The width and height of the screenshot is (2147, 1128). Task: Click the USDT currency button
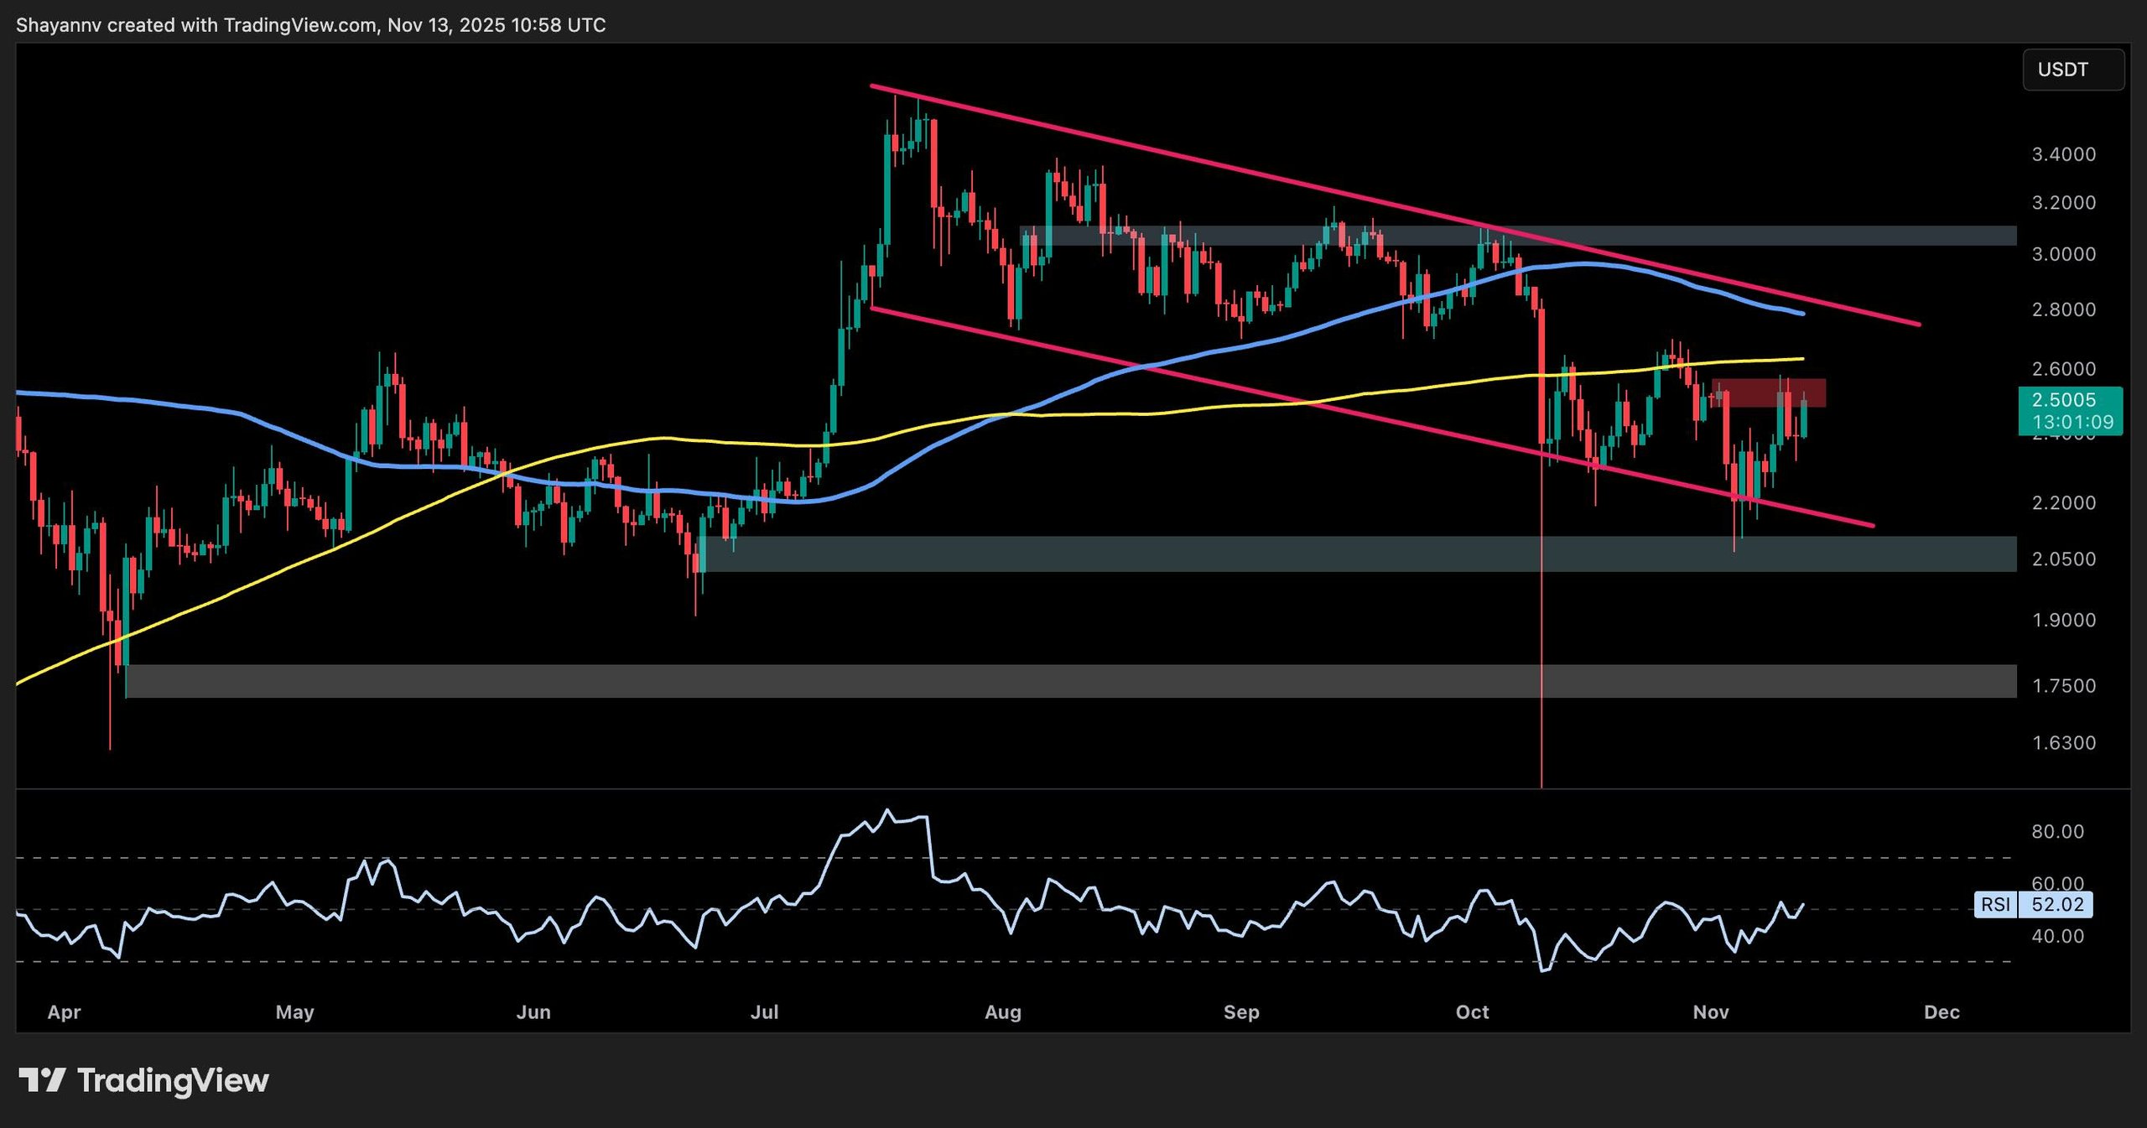(2072, 70)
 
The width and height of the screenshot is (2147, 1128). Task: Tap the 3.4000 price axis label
(2063, 154)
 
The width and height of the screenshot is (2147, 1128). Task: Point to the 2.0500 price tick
(2063, 559)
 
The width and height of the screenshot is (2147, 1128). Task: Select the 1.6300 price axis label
(2063, 742)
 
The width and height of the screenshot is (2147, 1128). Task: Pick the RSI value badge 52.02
(2057, 904)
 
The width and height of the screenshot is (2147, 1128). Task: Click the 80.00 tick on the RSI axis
(2057, 831)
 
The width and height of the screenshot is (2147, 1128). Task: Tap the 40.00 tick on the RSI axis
(2057, 935)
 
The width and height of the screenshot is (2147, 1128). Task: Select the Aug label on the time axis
(1003, 1011)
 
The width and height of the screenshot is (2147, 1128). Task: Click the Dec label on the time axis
(1942, 1011)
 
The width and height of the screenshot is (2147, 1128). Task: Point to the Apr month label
(64, 1011)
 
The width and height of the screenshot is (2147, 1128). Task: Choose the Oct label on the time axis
(1472, 1011)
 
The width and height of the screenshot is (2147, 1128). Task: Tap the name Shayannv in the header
(58, 25)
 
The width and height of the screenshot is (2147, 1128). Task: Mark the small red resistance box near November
(1770, 392)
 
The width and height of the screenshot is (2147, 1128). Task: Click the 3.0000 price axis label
(2063, 254)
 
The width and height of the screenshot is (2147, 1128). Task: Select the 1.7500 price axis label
(2063, 685)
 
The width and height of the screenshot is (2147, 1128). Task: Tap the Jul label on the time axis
(764, 1011)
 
